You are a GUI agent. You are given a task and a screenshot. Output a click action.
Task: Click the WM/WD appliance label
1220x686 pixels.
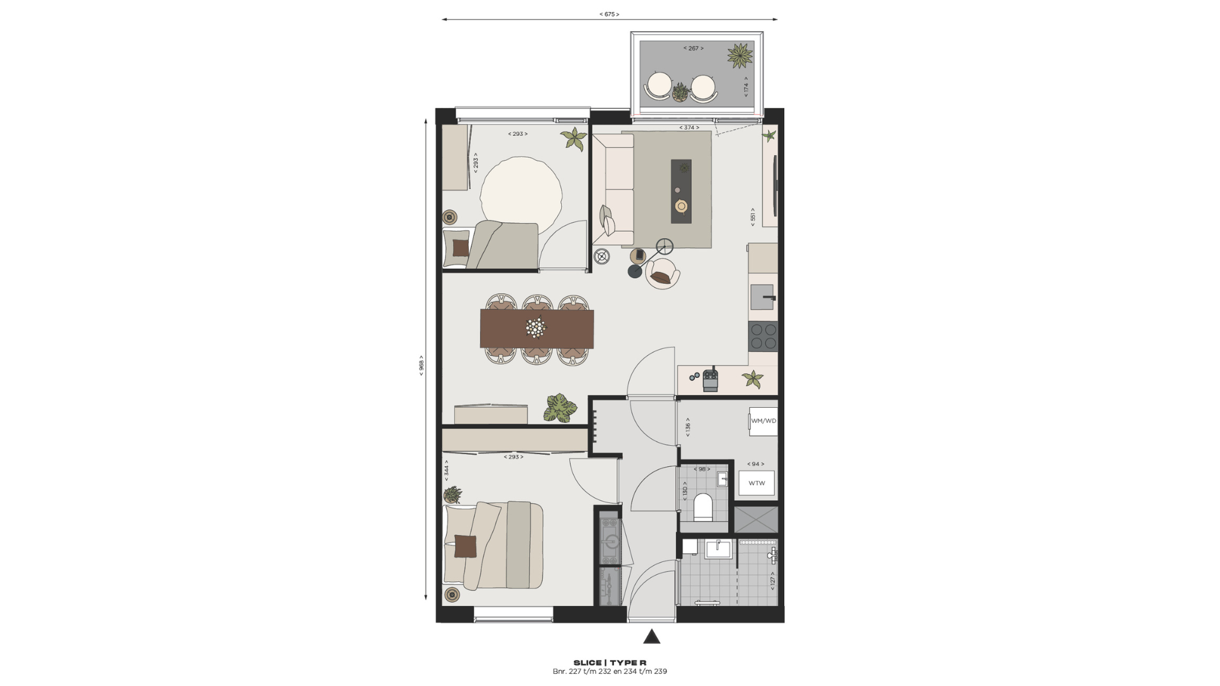pyautogui.click(x=763, y=421)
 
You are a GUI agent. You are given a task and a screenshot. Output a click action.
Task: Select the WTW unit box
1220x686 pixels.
pyautogui.click(x=756, y=483)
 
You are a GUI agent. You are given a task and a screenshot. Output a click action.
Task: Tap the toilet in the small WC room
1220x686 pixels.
pyautogui.click(x=703, y=507)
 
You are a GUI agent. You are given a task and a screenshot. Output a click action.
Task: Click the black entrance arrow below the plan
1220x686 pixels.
pyautogui.click(x=651, y=636)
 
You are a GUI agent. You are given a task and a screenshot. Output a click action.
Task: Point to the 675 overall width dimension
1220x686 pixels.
pyautogui.click(x=609, y=14)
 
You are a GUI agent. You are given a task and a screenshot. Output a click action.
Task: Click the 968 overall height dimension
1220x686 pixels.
pyautogui.click(x=421, y=365)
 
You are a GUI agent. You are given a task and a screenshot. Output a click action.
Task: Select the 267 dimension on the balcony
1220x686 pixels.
pyautogui.click(x=693, y=48)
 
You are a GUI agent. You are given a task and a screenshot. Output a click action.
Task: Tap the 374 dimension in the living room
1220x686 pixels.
pyautogui.click(x=689, y=128)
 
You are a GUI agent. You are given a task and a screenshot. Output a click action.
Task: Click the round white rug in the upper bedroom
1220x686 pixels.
pyautogui.click(x=521, y=191)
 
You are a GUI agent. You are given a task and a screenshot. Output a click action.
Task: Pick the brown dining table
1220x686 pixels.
pyautogui.click(x=537, y=329)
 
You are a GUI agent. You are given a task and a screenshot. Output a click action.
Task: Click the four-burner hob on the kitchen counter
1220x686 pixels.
pyautogui.click(x=763, y=337)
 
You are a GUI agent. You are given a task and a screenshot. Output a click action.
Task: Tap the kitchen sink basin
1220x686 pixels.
pyautogui.click(x=762, y=297)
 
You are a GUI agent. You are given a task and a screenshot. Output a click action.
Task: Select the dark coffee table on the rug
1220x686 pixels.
pyautogui.click(x=681, y=191)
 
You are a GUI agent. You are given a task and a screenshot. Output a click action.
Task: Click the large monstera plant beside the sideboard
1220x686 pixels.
pyautogui.click(x=560, y=408)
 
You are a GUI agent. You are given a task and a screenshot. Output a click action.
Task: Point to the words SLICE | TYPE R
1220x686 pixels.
pyautogui.click(x=610, y=662)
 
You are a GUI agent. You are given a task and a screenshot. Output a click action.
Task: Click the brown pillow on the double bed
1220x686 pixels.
pyautogui.click(x=465, y=546)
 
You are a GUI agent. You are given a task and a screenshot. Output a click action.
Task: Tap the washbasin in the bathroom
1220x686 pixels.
pyautogui.click(x=719, y=549)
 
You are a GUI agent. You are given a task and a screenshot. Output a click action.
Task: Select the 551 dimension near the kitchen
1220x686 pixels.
pyautogui.click(x=753, y=216)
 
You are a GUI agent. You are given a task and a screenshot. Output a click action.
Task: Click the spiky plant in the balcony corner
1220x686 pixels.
pyautogui.click(x=740, y=55)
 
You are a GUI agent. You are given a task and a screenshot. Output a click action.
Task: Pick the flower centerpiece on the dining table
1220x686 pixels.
pyautogui.click(x=536, y=328)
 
